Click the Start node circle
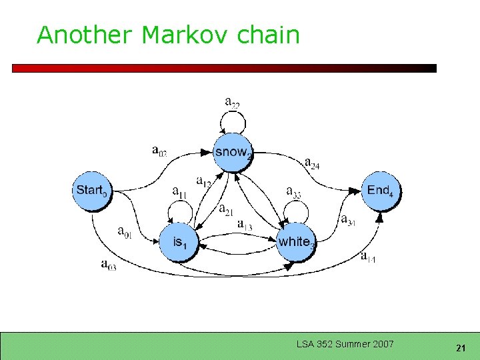(x=91, y=191)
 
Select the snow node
(x=233, y=153)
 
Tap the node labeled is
(x=179, y=242)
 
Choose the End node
(x=381, y=191)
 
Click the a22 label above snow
(x=232, y=103)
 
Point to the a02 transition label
(x=159, y=151)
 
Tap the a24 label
(x=311, y=163)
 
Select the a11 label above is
(x=179, y=193)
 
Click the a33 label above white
(x=293, y=193)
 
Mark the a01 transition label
(x=125, y=232)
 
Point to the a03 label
(x=108, y=265)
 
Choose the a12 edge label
(x=204, y=181)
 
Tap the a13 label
(x=245, y=225)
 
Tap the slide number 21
(x=460, y=348)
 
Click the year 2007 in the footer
(x=383, y=344)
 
